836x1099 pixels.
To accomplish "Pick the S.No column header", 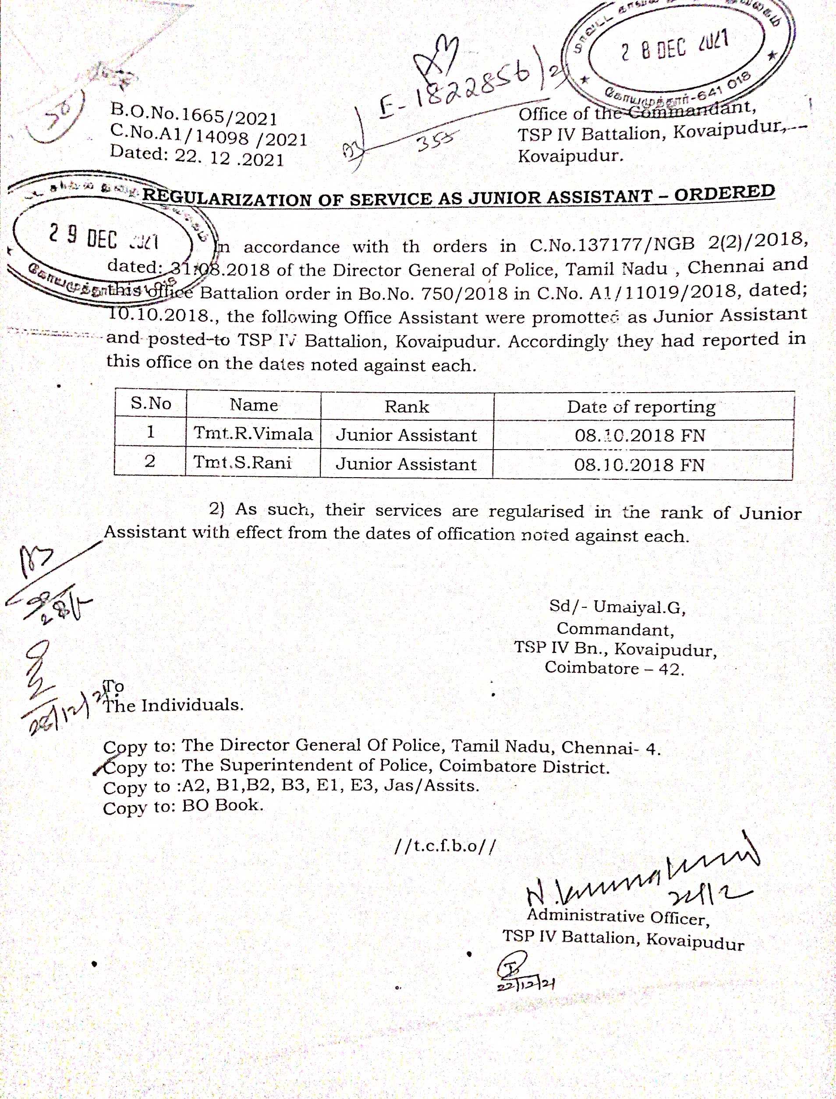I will (x=151, y=403).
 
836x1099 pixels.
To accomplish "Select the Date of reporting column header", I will (x=641, y=407).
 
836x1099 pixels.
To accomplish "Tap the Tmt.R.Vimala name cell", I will (x=253, y=433).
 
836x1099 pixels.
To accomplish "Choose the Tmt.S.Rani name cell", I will (x=242, y=462).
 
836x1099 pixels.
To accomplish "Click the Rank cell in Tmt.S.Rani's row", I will (x=406, y=464).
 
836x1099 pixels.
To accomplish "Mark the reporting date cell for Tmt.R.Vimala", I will (x=640, y=436).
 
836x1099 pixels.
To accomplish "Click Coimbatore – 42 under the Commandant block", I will (x=614, y=668).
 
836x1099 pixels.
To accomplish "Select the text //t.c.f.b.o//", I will (x=445, y=846).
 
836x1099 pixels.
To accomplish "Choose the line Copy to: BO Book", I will (x=183, y=806).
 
